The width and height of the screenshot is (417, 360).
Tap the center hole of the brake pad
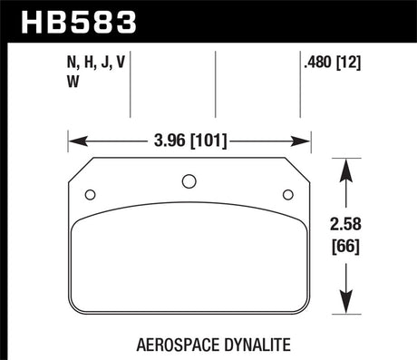click(x=189, y=181)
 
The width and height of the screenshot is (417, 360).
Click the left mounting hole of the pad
click(x=90, y=195)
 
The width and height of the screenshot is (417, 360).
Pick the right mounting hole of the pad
click(x=288, y=195)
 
